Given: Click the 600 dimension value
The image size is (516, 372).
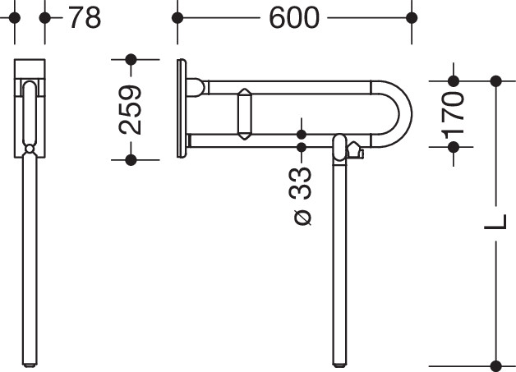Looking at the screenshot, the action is coord(294,18).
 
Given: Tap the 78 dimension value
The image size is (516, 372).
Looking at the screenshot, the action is coord(85,18).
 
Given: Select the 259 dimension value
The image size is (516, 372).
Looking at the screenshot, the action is coord(131,110).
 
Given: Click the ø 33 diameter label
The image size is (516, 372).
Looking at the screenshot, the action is coord(301,196).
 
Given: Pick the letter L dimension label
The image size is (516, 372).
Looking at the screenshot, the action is coord(495,222).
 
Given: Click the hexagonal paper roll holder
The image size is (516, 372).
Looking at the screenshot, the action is coord(245,114).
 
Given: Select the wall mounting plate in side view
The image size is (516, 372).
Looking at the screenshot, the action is coord(182,108).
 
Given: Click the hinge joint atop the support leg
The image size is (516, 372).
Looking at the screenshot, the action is coord(339,147).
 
